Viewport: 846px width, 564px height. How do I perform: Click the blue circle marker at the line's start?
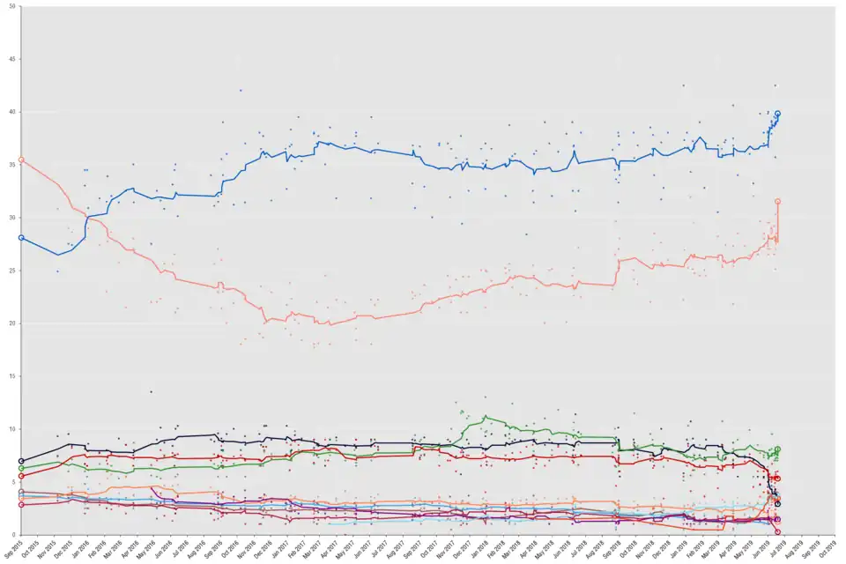[21, 238]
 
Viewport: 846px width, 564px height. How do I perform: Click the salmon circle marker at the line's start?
[21, 160]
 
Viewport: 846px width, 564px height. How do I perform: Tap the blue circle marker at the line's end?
[777, 114]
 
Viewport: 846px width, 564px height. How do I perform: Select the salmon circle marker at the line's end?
[777, 202]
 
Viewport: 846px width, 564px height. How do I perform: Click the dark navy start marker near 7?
[21, 461]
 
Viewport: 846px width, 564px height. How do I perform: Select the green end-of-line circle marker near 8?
[777, 449]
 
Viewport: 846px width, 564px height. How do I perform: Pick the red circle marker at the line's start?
[21, 476]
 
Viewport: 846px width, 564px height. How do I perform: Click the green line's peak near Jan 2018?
[486, 417]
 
